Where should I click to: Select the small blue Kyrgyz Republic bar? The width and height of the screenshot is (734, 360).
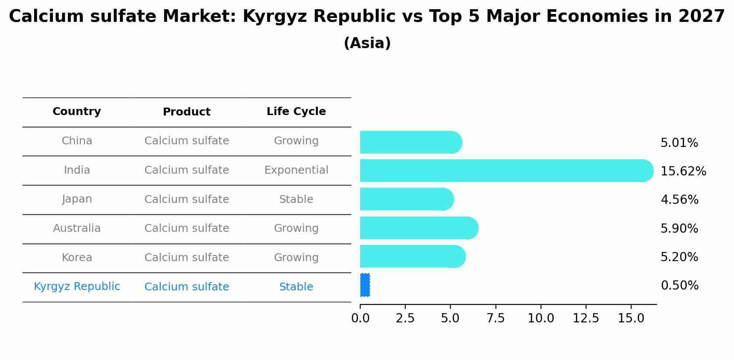365,285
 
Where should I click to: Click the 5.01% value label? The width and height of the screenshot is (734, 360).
679,143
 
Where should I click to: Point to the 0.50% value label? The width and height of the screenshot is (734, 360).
679,286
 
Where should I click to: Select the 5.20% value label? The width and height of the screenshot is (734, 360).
679,257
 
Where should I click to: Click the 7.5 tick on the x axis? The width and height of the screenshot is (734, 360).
495,318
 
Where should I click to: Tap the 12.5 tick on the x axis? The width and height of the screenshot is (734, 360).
586,318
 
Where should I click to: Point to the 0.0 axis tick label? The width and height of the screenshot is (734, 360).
360,318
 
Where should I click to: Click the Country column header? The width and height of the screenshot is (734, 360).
77,112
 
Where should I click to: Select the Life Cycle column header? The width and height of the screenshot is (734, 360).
296,112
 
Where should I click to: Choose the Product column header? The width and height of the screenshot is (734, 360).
186,112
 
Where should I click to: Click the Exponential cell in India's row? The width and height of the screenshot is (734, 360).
296,170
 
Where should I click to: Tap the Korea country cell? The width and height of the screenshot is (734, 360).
77,258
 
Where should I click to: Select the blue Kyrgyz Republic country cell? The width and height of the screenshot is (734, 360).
77,287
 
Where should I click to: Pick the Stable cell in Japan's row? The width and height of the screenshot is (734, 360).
296,199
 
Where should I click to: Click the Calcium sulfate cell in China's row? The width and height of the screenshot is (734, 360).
186,141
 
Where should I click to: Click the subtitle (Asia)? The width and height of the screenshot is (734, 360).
367,43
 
